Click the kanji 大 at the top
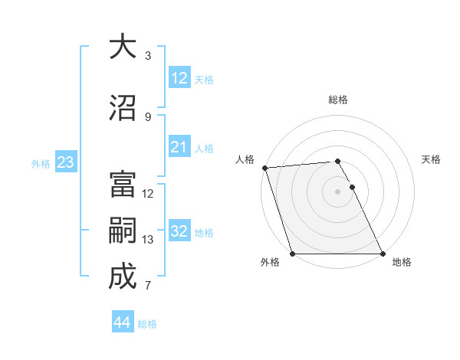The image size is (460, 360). pyautogui.click(x=122, y=47)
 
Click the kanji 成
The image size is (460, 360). pyautogui.click(x=122, y=277)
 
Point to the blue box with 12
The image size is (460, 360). pyautogui.click(x=179, y=78)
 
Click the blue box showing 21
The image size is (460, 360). pyautogui.click(x=179, y=147)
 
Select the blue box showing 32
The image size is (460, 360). pyautogui.click(x=179, y=231)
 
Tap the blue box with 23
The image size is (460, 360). pyautogui.click(x=65, y=162)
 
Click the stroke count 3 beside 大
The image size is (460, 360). pyautogui.click(x=148, y=56)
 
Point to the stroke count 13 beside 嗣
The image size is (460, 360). pyautogui.click(x=148, y=240)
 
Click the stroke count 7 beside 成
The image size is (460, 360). pyautogui.click(x=148, y=286)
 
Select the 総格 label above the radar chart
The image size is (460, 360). pyautogui.click(x=338, y=100)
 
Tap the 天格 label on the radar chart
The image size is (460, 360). pyautogui.click(x=431, y=159)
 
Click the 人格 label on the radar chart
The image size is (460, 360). pyautogui.click(x=245, y=159)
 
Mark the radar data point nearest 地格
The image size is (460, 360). pyautogui.click(x=383, y=254)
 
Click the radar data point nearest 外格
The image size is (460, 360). pyautogui.click(x=292, y=254)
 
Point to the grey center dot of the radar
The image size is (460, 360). pyautogui.click(x=337, y=191)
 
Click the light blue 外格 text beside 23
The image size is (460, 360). pyautogui.click(x=41, y=163)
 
